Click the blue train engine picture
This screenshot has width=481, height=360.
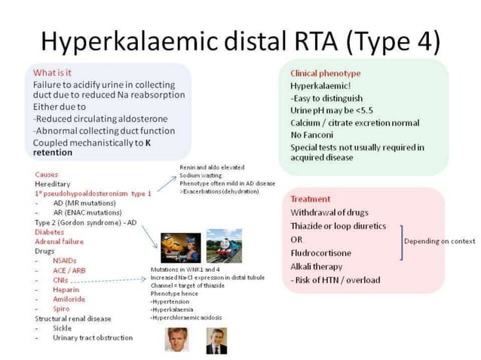pos(224,245)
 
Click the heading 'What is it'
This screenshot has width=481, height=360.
pos(54,73)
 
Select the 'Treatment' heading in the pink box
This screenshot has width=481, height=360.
pos(311,199)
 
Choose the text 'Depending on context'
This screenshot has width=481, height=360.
pos(440,241)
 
